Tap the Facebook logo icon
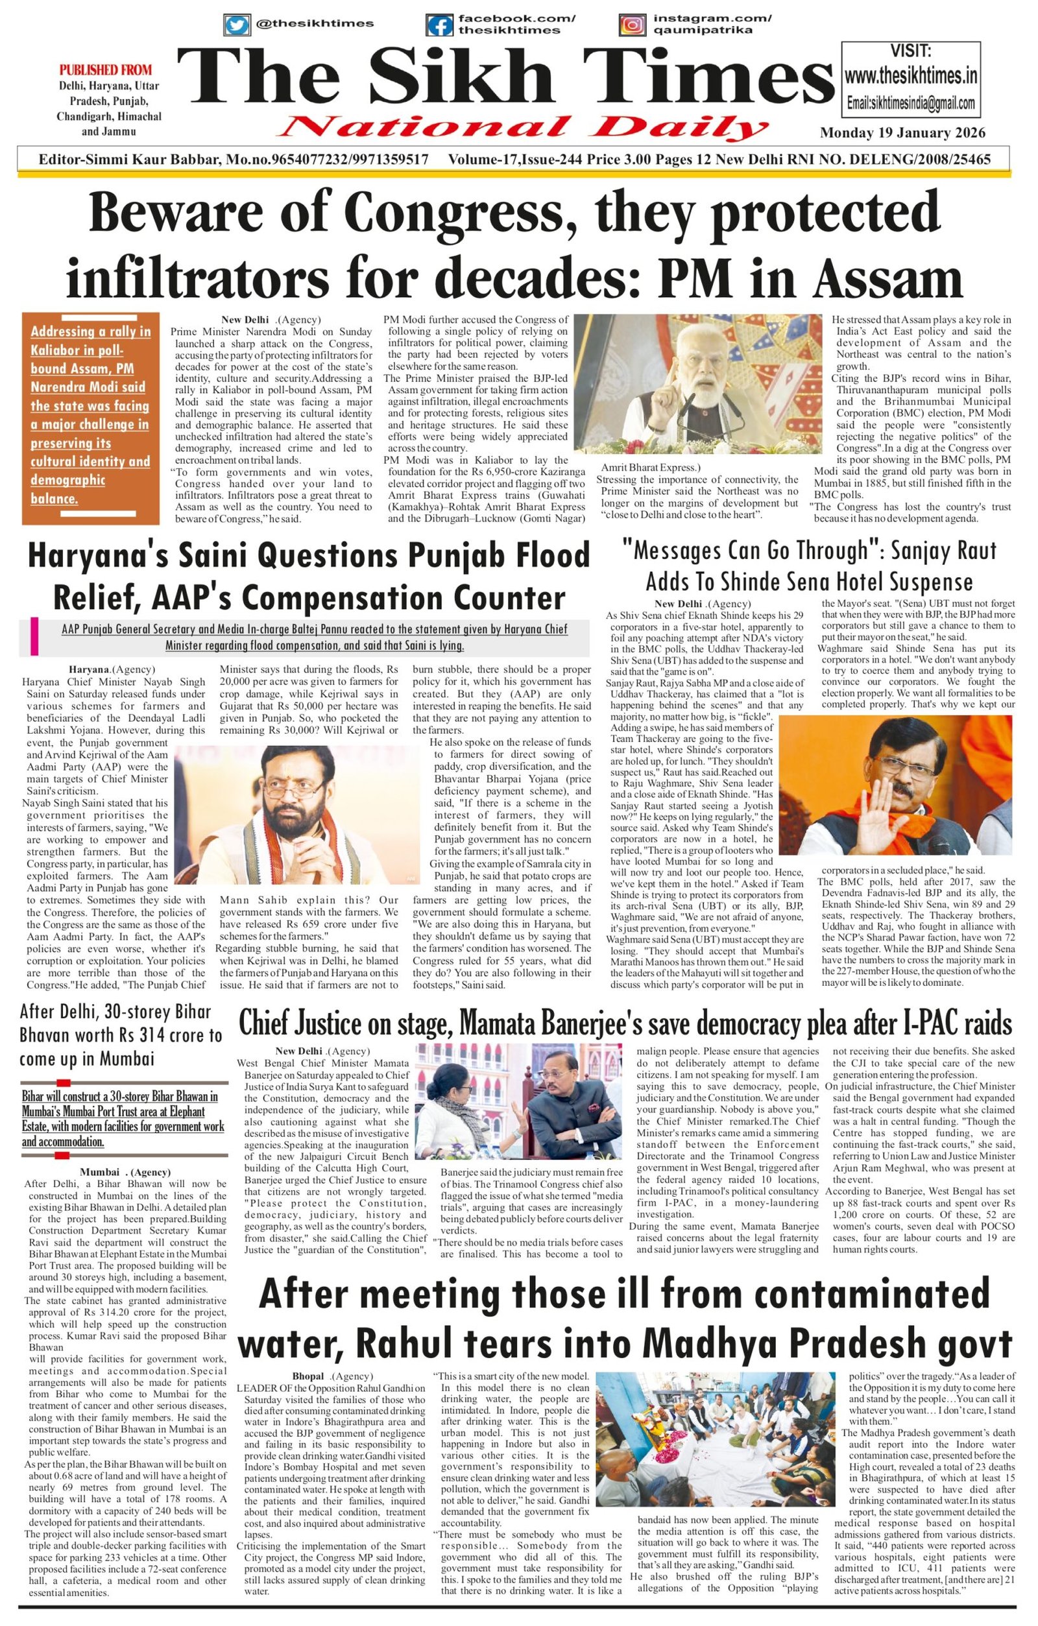[x=439, y=26]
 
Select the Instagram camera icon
[x=632, y=25]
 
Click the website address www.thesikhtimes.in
[x=910, y=75]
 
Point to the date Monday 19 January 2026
[x=902, y=132]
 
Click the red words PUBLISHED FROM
[x=105, y=69]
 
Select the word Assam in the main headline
[x=887, y=278]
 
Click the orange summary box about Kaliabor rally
[x=90, y=418]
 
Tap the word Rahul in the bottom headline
[x=403, y=1343]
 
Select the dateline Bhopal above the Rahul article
[x=308, y=1376]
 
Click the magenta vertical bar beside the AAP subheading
[x=34, y=636]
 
